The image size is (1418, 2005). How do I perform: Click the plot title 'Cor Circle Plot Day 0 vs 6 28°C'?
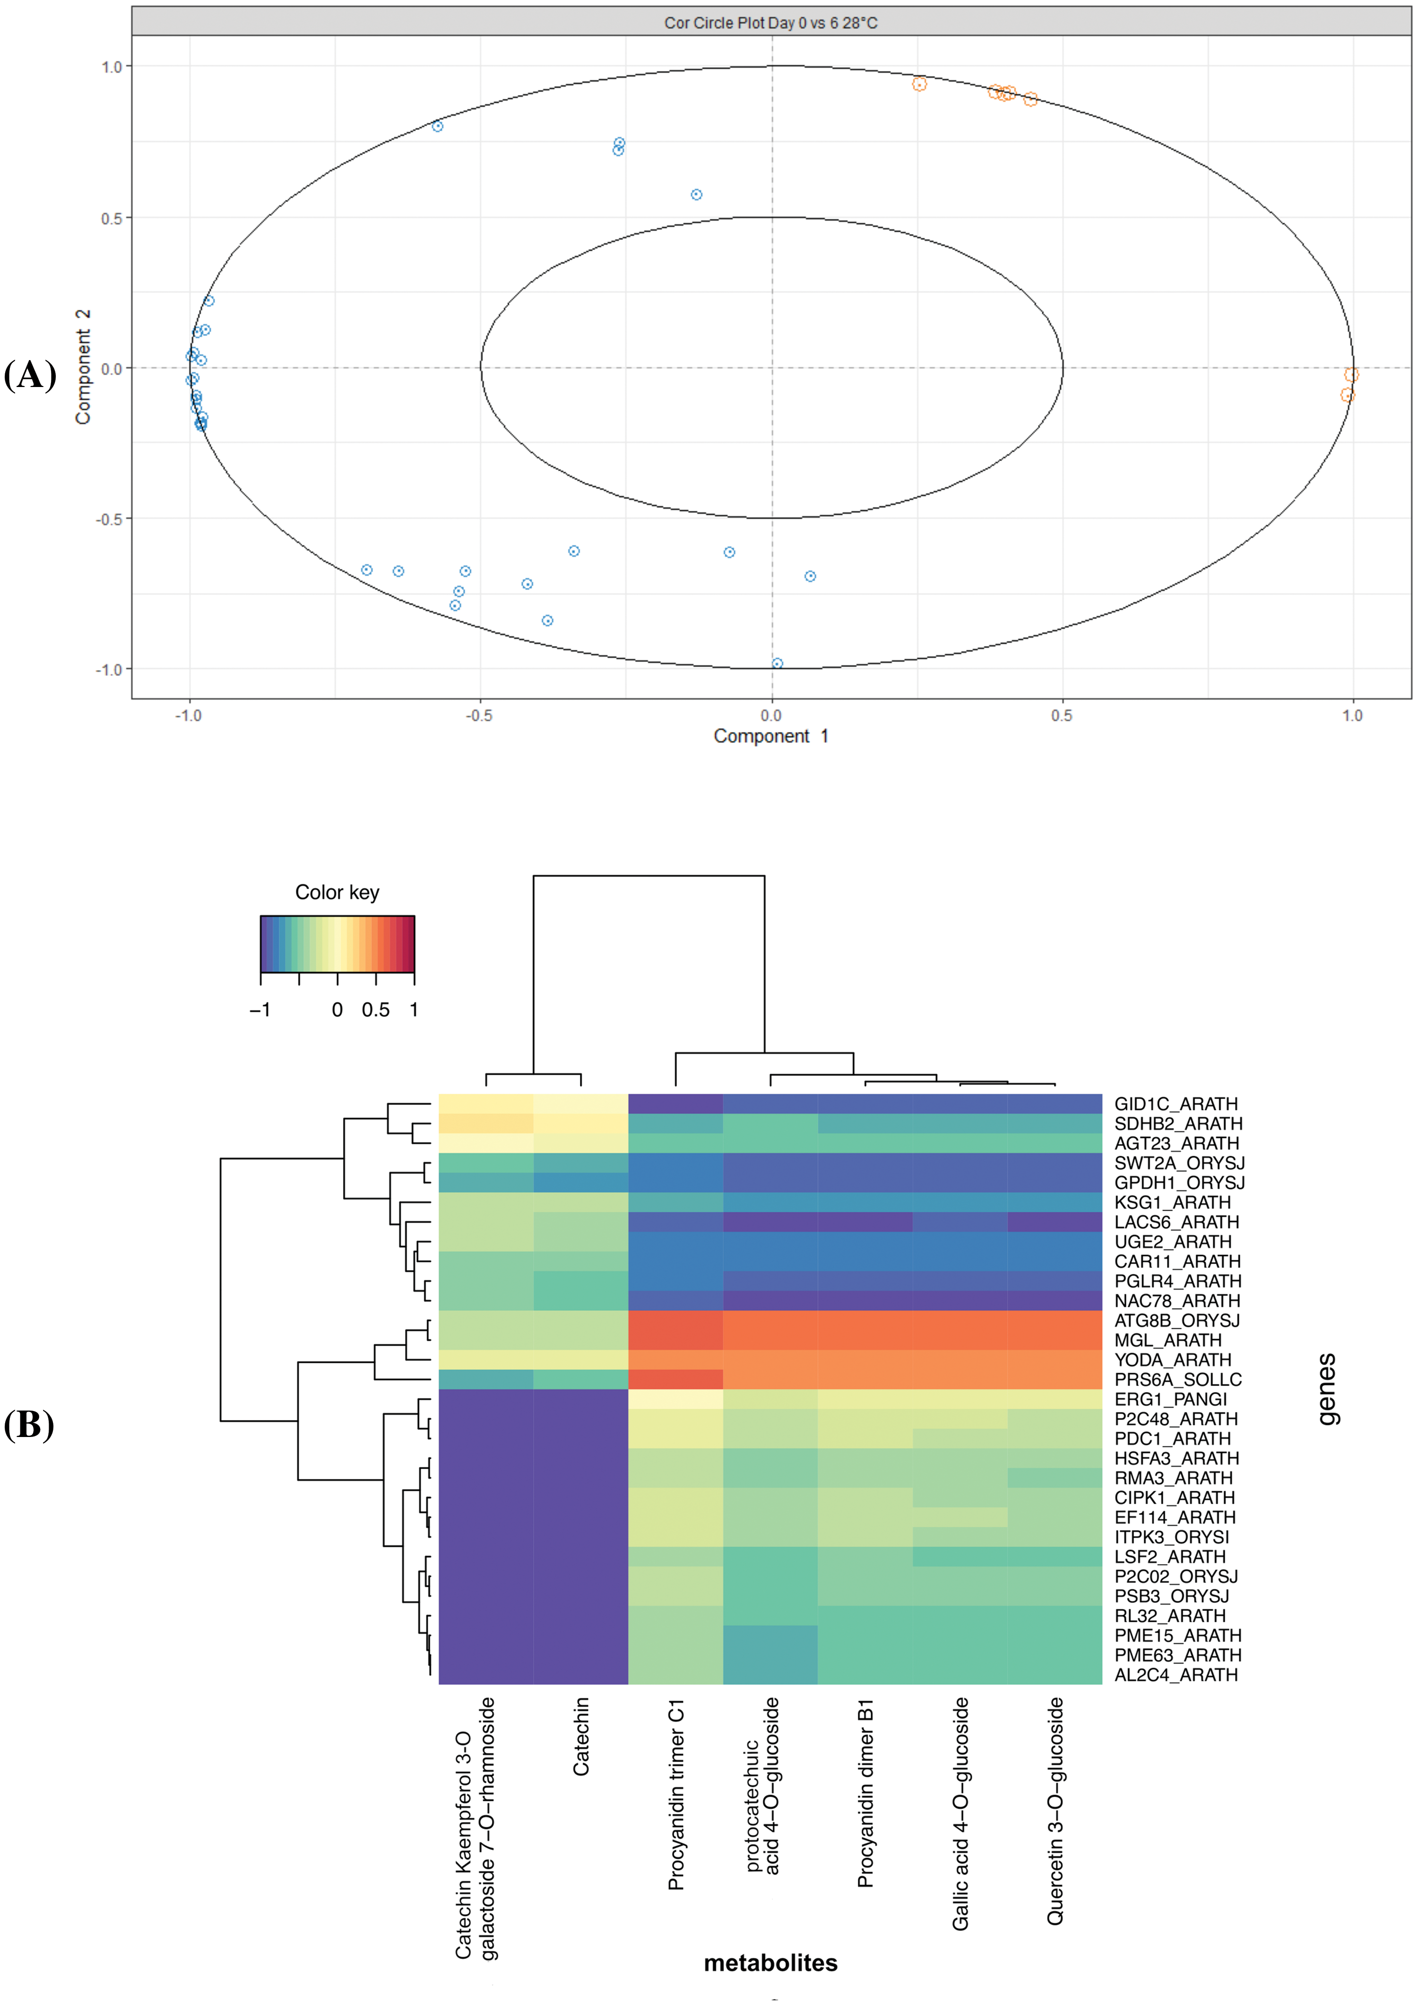pyautogui.click(x=770, y=23)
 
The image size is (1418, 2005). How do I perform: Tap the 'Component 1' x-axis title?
pyautogui.click(x=770, y=736)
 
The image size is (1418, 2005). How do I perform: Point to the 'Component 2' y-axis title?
pyautogui.click(x=83, y=367)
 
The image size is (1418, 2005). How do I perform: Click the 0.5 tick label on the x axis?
pyautogui.click(x=1062, y=715)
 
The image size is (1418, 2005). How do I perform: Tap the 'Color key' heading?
pyautogui.click(x=337, y=892)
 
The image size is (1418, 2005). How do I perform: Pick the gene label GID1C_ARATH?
pyautogui.click(x=1175, y=1104)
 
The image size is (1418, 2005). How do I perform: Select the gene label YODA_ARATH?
pyautogui.click(x=1173, y=1360)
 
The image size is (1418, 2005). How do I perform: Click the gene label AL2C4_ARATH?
pyautogui.click(x=1175, y=1675)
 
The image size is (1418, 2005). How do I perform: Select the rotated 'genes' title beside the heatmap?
pyautogui.click(x=1326, y=1388)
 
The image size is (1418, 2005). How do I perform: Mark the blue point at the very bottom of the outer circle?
pyautogui.click(x=777, y=663)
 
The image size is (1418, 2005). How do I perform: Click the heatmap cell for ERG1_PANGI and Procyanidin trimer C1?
pyautogui.click(x=675, y=1399)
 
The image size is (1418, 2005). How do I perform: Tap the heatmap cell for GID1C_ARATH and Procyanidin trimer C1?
pyautogui.click(x=675, y=1104)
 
